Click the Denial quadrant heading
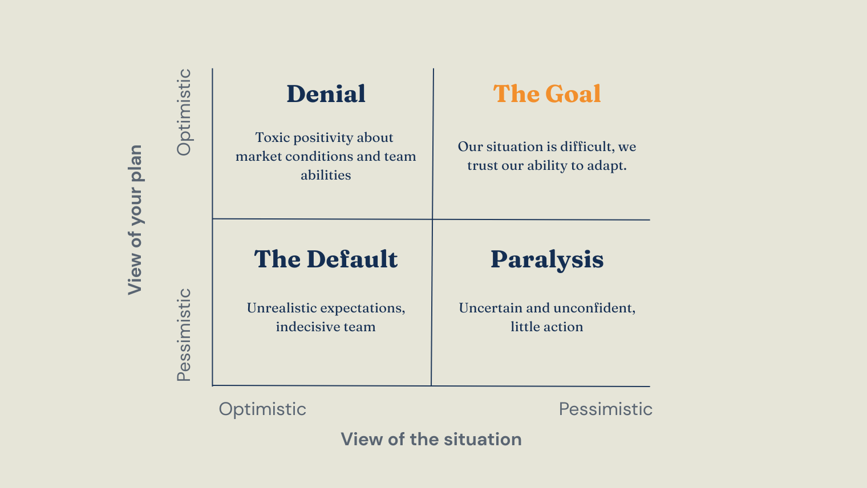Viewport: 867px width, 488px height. point(326,94)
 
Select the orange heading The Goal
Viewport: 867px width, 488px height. point(547,94)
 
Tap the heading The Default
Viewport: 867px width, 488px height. point(326,259)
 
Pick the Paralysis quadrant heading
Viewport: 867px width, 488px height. point(547,259)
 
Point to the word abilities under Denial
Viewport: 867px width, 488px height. point(326,176)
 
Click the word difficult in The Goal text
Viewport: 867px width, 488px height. point(586,147)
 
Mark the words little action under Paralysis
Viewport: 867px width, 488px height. point(546,327)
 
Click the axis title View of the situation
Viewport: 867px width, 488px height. point(431,440)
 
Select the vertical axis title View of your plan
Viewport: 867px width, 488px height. point(135,220)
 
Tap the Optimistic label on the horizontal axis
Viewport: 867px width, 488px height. point(262,409)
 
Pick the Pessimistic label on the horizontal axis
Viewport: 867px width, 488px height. point(605,409)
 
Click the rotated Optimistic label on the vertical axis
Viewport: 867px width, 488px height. point(184,112)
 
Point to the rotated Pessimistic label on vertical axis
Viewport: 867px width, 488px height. point(184,335)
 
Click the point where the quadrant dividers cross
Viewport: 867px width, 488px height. point(432,219)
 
